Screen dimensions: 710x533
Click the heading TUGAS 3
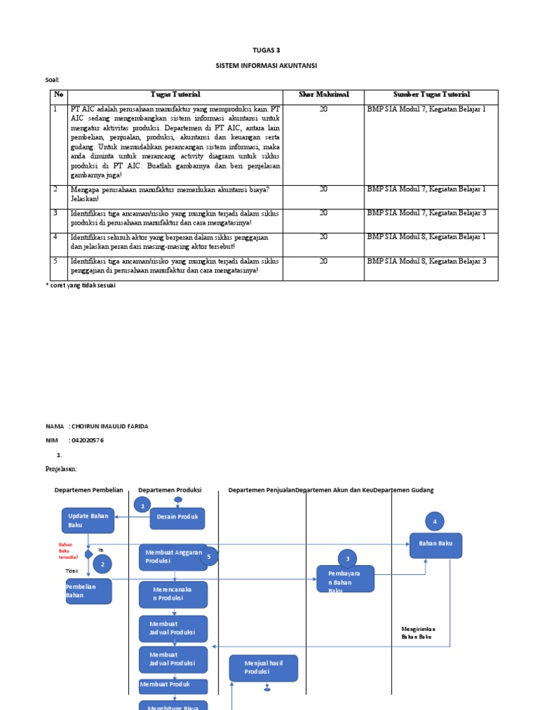point(266,50)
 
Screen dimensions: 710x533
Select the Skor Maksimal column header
point(323,94)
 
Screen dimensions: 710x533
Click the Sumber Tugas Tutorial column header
point(431,94)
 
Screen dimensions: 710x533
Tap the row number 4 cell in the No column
point(55,237)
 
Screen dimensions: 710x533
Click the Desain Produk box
point(178,517)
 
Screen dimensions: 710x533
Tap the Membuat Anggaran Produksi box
point(173,557)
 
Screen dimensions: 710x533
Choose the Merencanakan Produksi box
point(173,594)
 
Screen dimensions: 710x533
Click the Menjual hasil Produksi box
point(263,668)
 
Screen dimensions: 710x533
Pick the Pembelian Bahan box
point(87,591)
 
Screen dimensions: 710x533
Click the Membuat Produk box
point(173,686)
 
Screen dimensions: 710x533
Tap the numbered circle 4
point(434,521)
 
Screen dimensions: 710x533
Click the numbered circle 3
point(347,559)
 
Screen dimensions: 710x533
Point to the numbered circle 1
point(142,506)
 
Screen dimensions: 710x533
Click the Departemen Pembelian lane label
point(88,490)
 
